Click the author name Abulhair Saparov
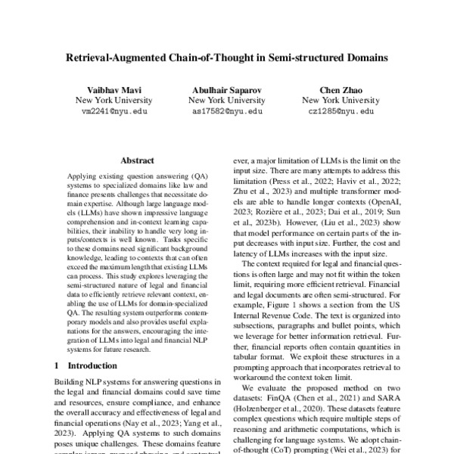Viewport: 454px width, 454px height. point(225,88)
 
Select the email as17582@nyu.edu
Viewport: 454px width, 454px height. point(225,110)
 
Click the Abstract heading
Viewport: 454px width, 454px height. point(137,160)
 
